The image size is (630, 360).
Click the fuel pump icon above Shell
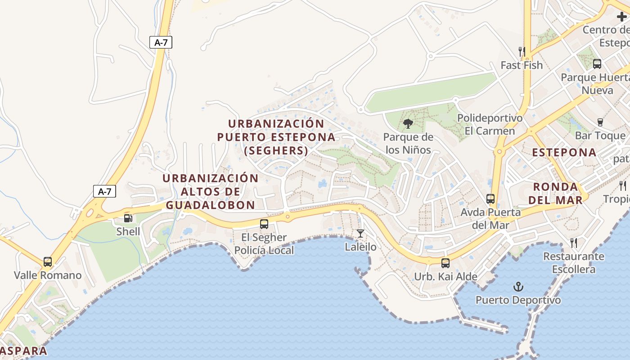pos(128,218)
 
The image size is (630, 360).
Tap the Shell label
pos(128,232)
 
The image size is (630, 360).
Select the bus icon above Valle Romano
pos(48,261)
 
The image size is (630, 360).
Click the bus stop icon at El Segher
pos(264,224)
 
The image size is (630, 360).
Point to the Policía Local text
pos(264,250)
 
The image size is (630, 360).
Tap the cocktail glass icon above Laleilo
pos(360,233)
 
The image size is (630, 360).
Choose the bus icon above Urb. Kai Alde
pos(445,263)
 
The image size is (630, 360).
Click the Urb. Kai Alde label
pos(445,277)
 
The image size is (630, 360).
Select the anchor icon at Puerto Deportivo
pos(518,286)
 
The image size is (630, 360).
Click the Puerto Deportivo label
pos(518,300)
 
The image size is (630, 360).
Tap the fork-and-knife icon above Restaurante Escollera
pos(574,243)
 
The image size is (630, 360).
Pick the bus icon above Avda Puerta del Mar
pos(490,198)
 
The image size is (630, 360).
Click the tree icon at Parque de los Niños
pos(408,123)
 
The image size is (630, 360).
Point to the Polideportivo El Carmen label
pos(490,125)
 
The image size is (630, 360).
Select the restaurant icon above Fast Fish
pos(522,51)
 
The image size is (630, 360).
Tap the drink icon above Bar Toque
pos(600,122)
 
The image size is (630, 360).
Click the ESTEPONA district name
pos(564,153)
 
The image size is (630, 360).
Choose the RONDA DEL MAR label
pos(555,193)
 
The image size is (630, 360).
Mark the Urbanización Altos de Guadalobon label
pos(211,192)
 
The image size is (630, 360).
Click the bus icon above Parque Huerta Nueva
pos(597,64)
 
